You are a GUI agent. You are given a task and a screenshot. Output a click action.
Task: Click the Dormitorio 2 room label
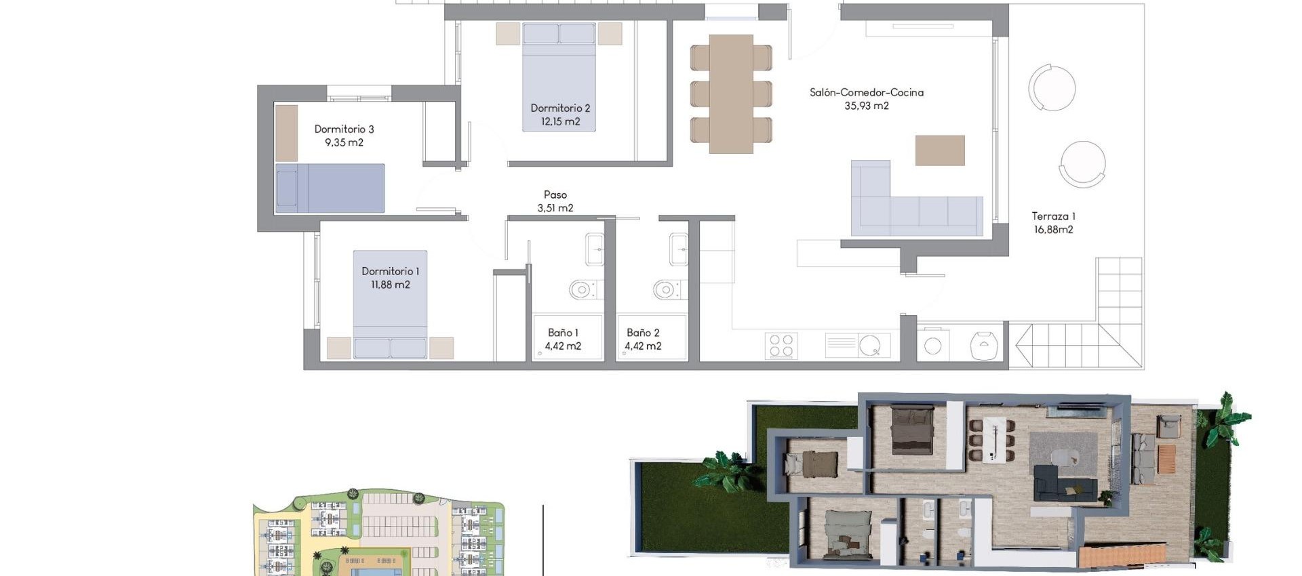tap(560, 108)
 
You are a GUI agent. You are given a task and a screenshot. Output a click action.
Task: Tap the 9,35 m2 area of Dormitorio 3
tap(344, 143)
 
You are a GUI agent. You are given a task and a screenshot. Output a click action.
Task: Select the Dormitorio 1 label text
tap(390, 271)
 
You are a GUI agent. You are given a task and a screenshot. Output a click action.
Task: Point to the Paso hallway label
tap(555, 195)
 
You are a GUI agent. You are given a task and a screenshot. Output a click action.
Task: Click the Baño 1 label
tap(563, 333)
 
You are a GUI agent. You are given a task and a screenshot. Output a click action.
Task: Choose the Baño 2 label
tap(642, 333)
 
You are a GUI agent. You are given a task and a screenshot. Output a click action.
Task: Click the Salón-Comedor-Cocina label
tap(866, 93)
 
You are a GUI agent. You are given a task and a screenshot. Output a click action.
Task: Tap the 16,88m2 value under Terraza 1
tap(1053, 230)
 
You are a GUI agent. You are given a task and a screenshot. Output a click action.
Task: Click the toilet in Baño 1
tap(582, 290)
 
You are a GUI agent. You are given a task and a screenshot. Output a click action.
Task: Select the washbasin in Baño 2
tap(678, 249)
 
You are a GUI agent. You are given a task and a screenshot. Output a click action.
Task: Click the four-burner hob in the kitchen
tap(781, 346)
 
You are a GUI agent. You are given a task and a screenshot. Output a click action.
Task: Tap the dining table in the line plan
tap(731, 94)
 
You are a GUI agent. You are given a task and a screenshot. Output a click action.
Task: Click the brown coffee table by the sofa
tap(939, 150)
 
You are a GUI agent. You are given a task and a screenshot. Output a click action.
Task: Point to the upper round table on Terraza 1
tap(1052, 88)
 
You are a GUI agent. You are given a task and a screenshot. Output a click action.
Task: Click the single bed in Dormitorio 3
tap(330, 188)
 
